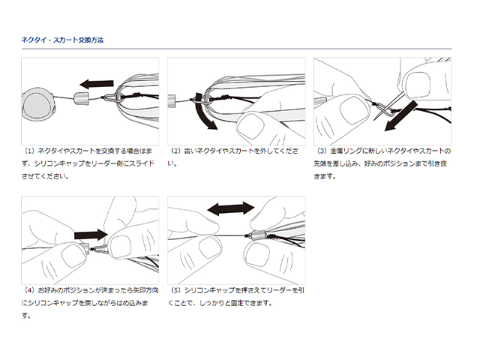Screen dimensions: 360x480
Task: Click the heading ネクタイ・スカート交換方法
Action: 63,40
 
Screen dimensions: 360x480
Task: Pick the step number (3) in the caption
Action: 325,151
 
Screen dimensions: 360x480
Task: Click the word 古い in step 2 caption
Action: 193,151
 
